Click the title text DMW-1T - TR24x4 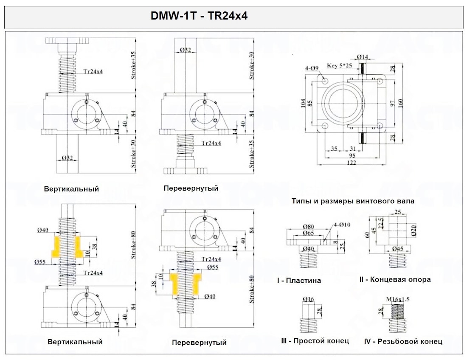pos(199,17)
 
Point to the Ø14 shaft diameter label pos(362,57)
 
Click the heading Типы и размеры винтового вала pos(353,201)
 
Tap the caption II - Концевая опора pos(395,279)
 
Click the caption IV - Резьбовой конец pos(403,341)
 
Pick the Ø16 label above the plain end pos(308,300)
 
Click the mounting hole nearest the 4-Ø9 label pos(324,81)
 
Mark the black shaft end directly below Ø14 pos(363,69)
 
